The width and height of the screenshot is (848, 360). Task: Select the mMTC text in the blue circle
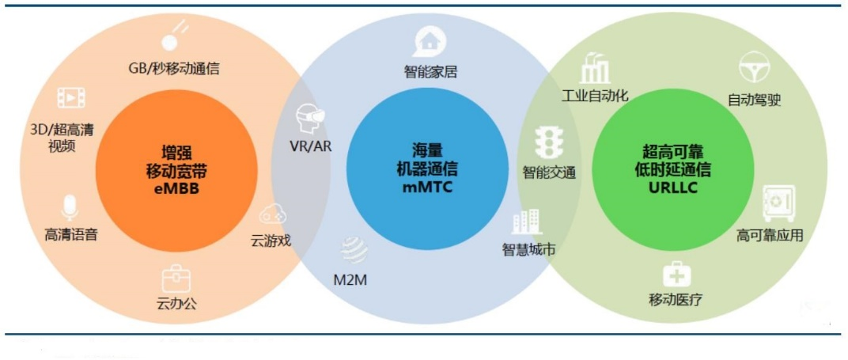coord(427,188)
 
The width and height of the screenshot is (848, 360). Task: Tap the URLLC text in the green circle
coord(673,188)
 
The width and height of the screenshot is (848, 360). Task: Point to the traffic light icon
coord(549,143)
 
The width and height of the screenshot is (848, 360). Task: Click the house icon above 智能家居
coord(430,41)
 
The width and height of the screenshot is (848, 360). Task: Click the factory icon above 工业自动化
coord(594,68)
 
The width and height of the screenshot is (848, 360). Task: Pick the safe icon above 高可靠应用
coord(778,203)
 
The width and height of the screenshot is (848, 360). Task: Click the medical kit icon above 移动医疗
coord(676,274)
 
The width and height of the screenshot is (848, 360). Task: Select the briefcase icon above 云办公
coord(176,279)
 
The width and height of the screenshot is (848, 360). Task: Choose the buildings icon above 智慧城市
coord(527,222)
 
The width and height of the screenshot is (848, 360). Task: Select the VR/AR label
coord(311,146)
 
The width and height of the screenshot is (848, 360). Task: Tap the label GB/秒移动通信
coord(174,68)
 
